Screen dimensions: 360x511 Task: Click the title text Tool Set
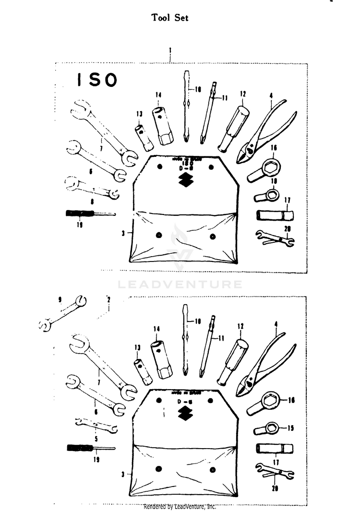170,18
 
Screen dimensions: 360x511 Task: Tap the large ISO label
97,81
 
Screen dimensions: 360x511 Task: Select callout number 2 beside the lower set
109,299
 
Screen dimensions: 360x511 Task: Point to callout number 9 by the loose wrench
60,299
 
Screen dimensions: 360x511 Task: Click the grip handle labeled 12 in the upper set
233,128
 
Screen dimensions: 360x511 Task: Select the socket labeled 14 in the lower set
159,360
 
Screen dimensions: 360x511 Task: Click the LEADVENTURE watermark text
180,285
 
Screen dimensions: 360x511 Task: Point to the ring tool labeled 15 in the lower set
267,428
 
